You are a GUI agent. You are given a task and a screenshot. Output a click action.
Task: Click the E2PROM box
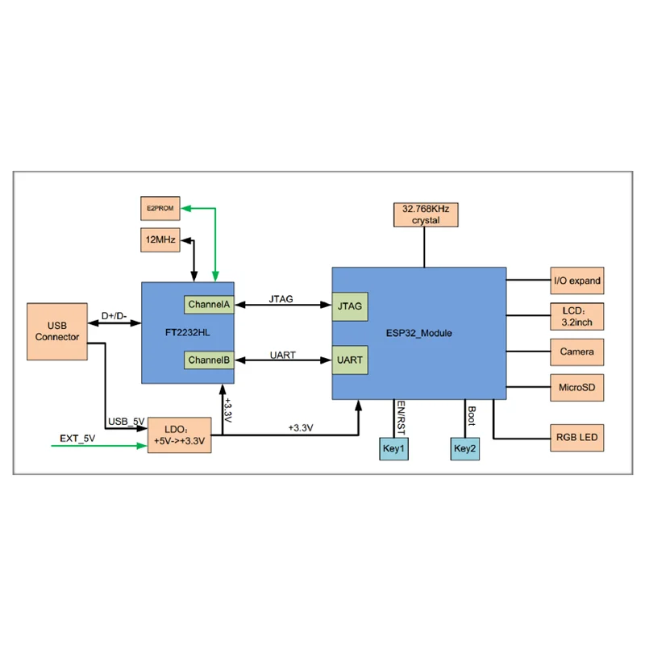(160, 208)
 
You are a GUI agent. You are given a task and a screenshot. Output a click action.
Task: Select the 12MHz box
(160, 239)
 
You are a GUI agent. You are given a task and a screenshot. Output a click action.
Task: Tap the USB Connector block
(57, 331)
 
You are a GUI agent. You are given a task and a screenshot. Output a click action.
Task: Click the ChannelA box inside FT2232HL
(209, 305)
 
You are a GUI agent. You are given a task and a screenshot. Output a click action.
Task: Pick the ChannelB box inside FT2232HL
(209, 360)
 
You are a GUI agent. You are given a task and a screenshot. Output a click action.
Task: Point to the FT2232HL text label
(188, 332)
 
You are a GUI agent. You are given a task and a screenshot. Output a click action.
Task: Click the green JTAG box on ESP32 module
(350, 306)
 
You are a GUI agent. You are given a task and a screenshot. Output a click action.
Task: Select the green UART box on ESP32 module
(350, 360)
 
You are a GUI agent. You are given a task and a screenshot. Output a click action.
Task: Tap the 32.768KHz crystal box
(426, 214)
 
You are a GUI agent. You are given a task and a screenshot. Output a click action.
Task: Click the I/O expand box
(577, 281)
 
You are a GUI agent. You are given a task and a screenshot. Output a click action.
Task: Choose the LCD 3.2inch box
(577, 316)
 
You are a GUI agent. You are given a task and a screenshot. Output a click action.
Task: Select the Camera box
(577, 352)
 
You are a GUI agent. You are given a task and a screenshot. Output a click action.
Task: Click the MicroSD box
(577, 388)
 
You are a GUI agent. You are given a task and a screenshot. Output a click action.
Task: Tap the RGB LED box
(577, 438)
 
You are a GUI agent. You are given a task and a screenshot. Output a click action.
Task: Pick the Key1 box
(393, 448)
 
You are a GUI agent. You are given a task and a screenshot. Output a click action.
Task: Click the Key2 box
(465, 448)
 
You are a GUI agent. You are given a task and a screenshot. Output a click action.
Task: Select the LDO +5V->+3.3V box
(179, 435)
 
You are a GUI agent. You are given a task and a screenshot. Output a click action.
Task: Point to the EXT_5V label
(77, 439)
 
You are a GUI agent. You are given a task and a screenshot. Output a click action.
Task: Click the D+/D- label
(114, 316)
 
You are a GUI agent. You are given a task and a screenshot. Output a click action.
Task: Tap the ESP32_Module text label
(418, 333)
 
